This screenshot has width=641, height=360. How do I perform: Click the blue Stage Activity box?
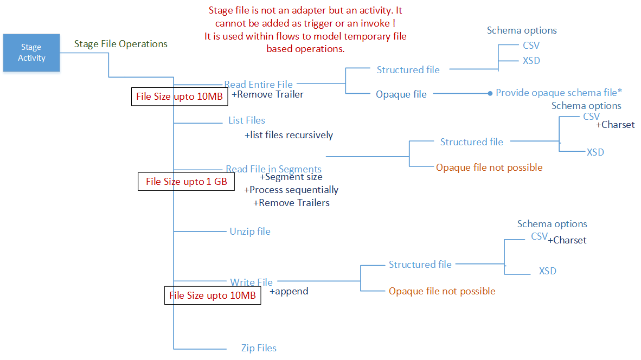click(31, 53)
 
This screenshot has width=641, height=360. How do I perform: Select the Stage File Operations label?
click(121, 44)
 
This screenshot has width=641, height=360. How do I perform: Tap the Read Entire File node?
click(258, 85)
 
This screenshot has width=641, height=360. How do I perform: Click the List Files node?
click(247, 120)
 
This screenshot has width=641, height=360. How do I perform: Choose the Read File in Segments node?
click(273, 169)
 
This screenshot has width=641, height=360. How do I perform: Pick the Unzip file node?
click(250, 232)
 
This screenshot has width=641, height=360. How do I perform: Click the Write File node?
click(251, 282)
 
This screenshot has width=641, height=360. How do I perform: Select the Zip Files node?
click(259, 348)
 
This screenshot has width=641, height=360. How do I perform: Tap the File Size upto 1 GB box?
click(186, 182)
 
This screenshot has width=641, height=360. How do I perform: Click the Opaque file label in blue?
click(401, 94)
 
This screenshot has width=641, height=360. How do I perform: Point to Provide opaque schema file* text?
click(559, 93)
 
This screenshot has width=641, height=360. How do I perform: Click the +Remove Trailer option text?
click(268, 94)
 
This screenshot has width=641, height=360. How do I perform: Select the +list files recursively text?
click(289, 135)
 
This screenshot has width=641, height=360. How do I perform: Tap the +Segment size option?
click(291, 177)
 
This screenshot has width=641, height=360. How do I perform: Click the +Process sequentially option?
click(291, 190)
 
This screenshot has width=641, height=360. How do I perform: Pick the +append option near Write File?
click(289, 291)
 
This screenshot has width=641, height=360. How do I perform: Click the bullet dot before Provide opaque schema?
click(490, 93)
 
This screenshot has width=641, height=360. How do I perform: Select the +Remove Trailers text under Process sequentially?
click(291, 203)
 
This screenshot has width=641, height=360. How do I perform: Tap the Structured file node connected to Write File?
click(420, 265)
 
